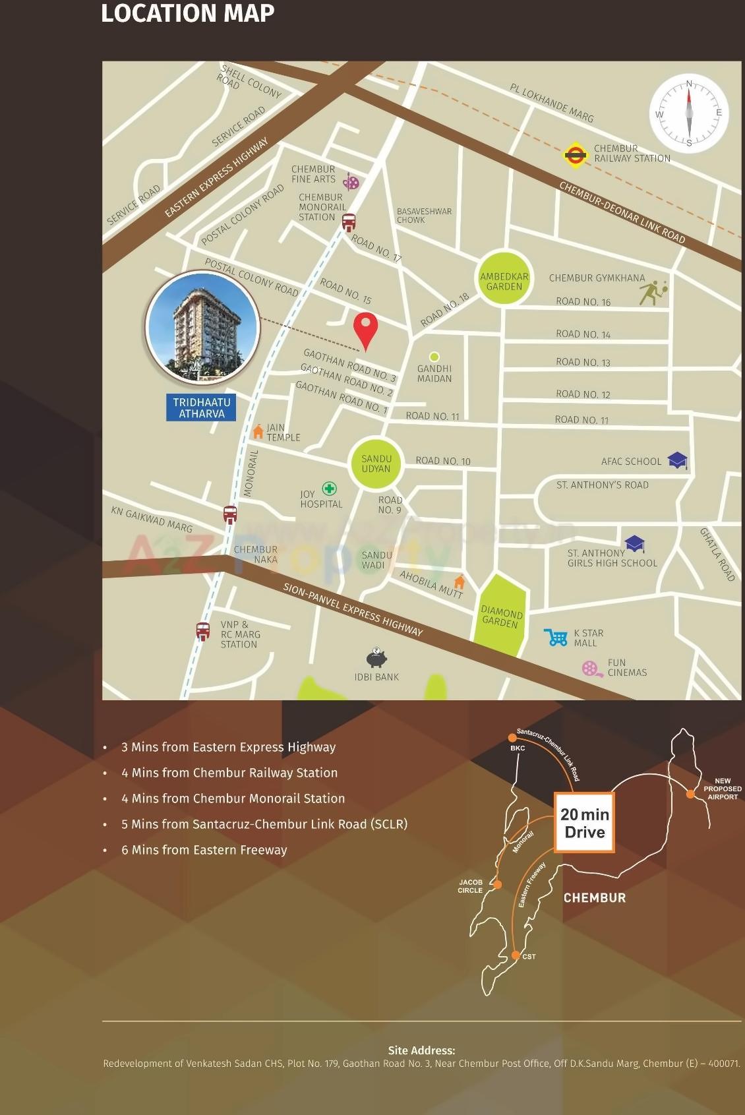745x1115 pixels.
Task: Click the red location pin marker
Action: tap(365, 329)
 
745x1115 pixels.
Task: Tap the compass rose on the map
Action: tap(689, 113)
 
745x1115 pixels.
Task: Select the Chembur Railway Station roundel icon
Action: tap(575, 155)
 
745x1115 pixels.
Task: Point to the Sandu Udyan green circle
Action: tap(376, 463)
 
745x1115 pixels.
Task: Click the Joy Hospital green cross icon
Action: tap(329, 489)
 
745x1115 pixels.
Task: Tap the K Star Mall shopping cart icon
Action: tap(556, 637)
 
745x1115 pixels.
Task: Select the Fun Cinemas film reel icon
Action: tap(591, 669)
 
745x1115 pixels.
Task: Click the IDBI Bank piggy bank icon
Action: tap(376, 658)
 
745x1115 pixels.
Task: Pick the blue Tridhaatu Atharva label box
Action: tap(202, 407)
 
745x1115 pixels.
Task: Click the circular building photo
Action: tap(202, 326)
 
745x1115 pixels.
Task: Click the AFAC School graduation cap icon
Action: tap(678, 460)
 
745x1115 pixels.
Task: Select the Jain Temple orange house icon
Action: tap(258, 432)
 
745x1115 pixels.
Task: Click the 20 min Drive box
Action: tap(584, 822)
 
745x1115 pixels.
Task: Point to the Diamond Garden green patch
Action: tap(500, 615)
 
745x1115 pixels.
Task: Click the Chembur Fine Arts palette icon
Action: tap(351, 182)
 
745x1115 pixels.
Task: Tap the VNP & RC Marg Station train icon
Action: tap(203, 631)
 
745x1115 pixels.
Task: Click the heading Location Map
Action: tap(188, 13)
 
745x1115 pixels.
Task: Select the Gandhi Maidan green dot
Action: tap(434, 357)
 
